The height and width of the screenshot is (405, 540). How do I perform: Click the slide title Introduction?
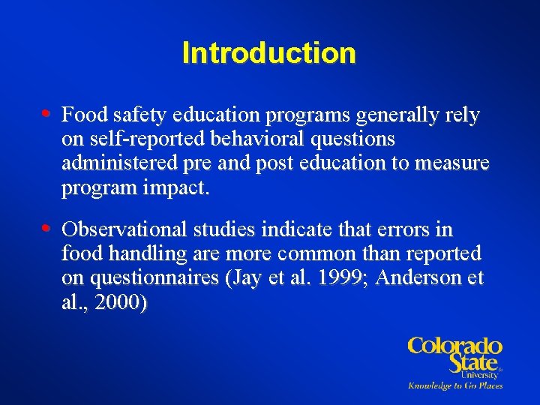[268, 53]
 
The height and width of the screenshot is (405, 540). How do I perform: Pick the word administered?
[118, 163]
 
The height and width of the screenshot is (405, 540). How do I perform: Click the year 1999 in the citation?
[340, 278]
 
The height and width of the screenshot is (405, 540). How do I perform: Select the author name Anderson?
[419, 278]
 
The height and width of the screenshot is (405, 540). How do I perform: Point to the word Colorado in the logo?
[454, 346]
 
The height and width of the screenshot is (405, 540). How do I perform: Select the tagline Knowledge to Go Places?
[454, 385]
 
